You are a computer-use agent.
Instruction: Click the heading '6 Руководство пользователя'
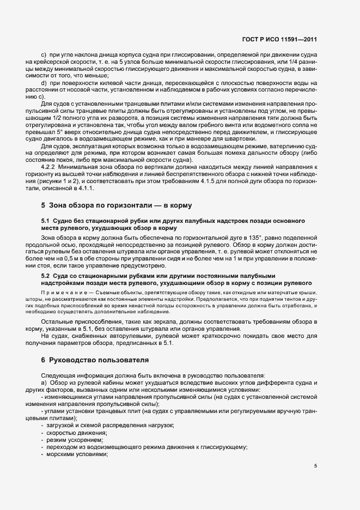[x=94, y=360]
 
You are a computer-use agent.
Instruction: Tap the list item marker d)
[x=44, y=82]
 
